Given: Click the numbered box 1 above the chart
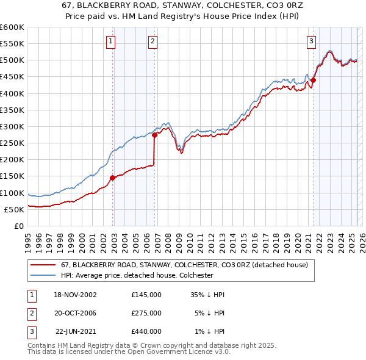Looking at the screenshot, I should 110,41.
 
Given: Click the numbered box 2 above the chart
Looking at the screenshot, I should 152,41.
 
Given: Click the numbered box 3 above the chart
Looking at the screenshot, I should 311,41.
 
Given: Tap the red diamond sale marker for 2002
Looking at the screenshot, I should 113,178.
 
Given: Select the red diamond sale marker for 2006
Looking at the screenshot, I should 155,135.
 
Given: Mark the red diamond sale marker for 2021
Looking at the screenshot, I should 313,80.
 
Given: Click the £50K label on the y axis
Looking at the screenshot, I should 14,209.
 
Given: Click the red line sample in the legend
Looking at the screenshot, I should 43,265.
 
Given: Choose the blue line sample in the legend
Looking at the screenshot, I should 43,275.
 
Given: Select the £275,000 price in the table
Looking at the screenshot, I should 146,313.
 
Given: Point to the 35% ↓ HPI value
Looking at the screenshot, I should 208,295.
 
